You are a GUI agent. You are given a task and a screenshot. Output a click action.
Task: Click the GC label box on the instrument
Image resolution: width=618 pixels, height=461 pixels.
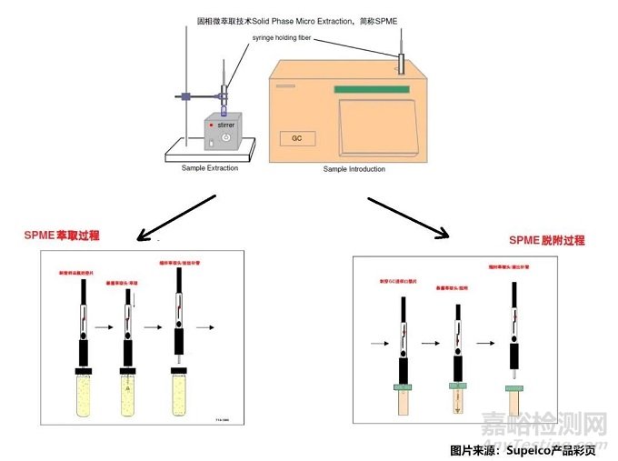pyautogui.click(x=296, y=139)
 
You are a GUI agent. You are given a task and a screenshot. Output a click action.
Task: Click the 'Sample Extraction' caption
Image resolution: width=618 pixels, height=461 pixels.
pyautogui.click(x=210, y=167)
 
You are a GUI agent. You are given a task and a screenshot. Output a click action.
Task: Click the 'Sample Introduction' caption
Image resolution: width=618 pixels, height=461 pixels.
pyautogui.click(x=354, y=169)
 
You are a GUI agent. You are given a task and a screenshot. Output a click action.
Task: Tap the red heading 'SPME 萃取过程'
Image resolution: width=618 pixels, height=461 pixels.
pyautogui.click(x=62, y=236)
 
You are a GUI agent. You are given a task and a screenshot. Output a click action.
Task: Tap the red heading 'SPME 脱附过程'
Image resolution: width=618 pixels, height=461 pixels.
pyautogui.click(x=547, y=241)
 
